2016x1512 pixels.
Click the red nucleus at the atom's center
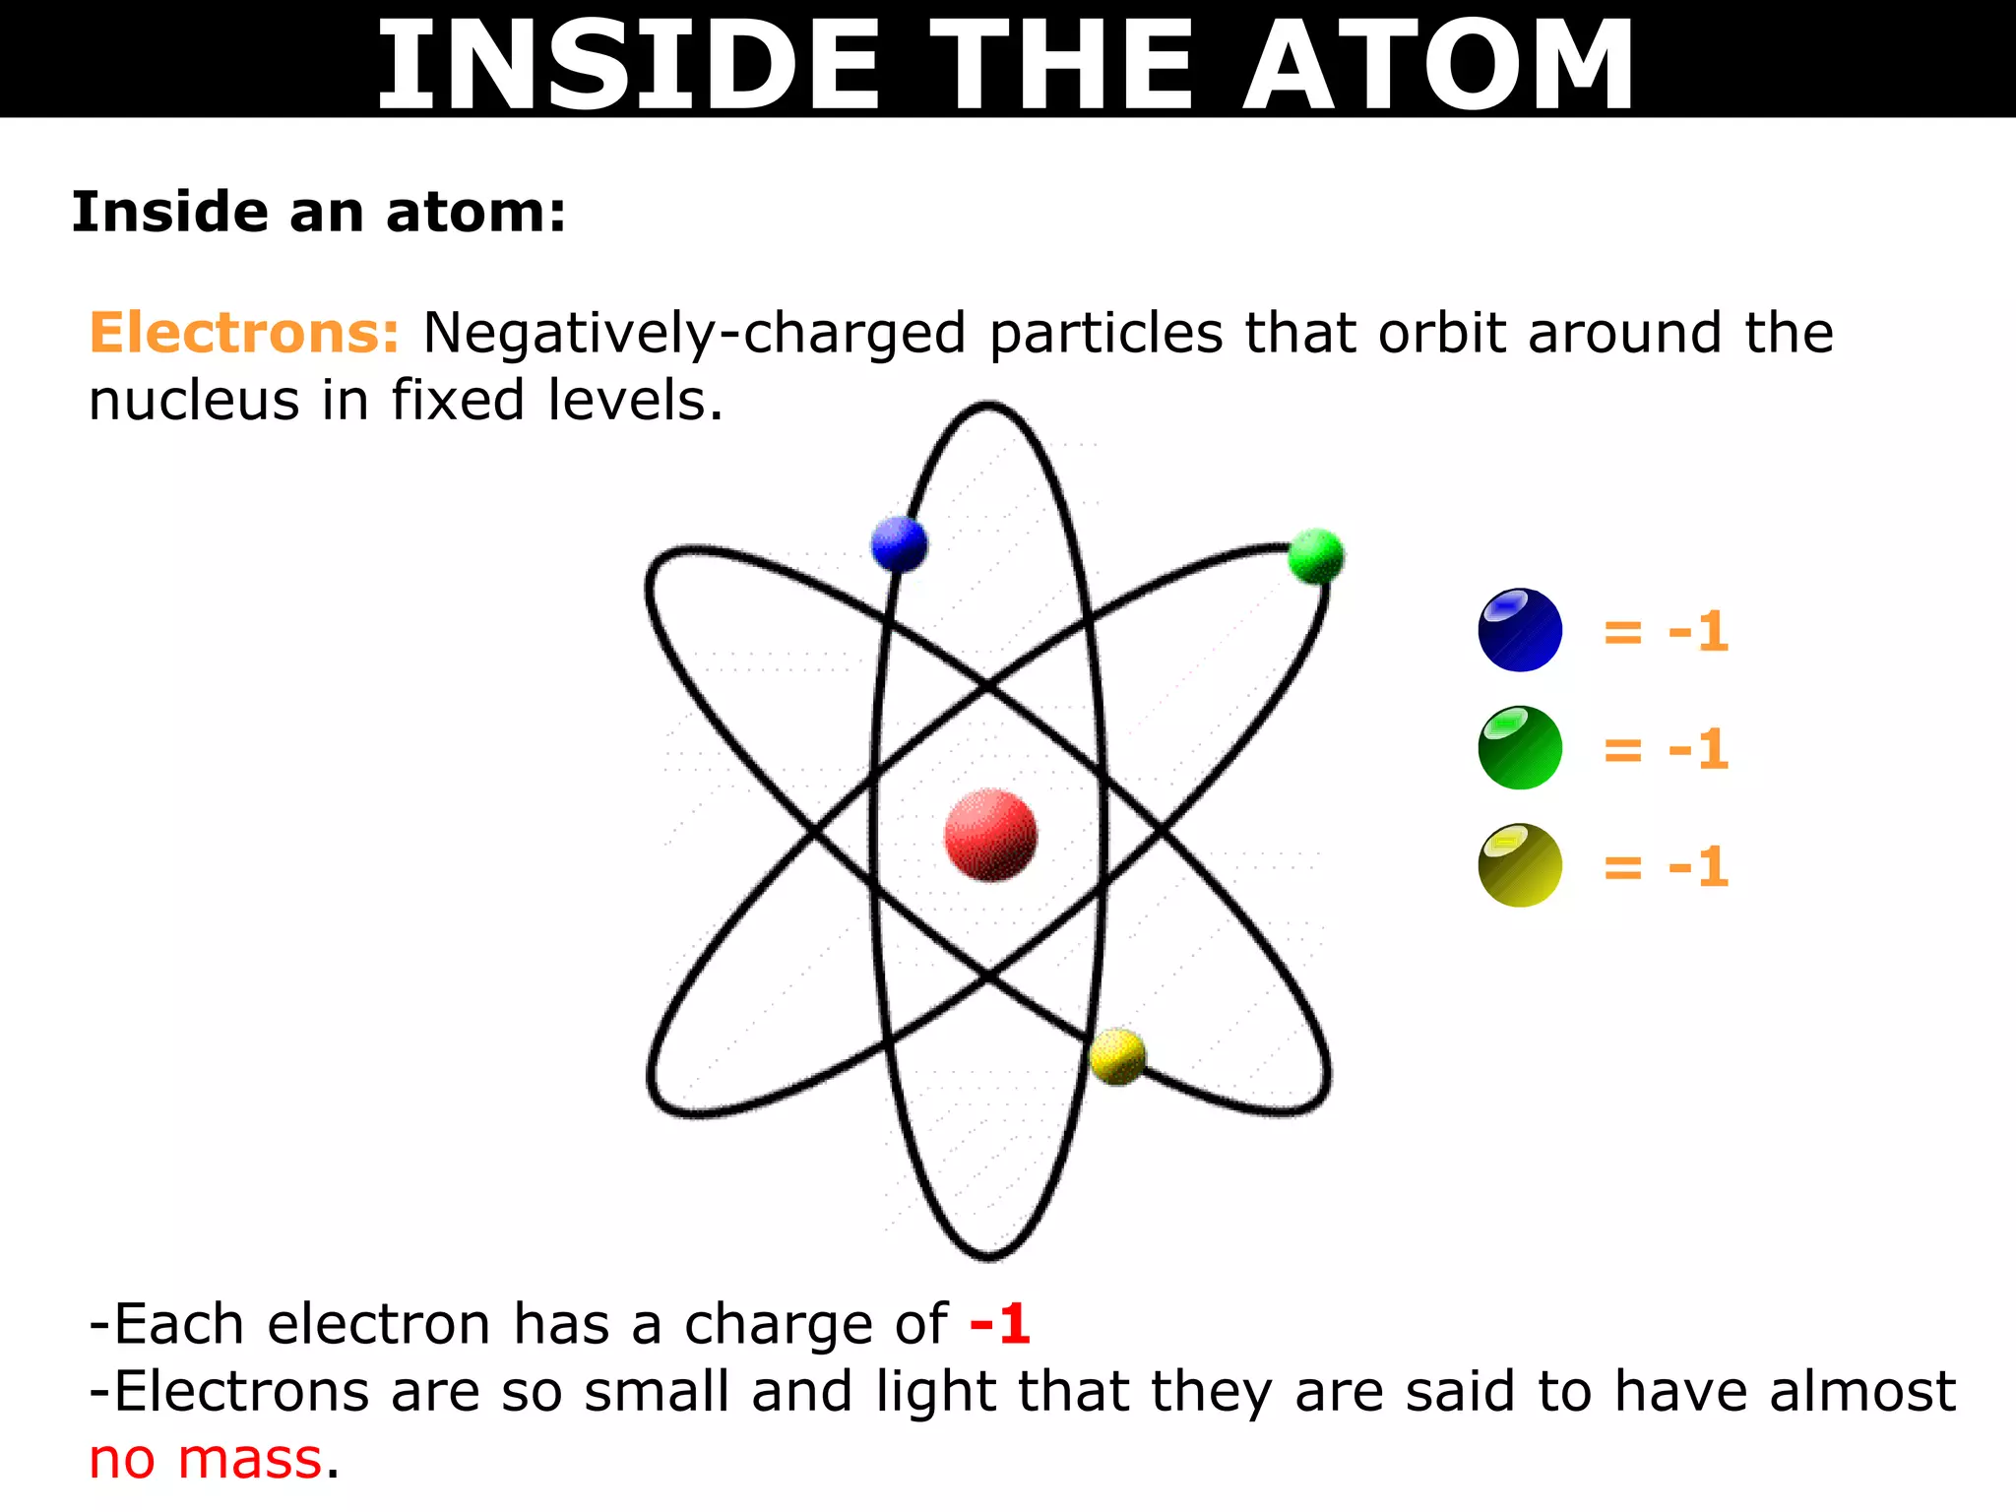pos(990,834)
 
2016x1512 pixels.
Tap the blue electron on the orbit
pos(899,543)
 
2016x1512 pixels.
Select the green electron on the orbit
pos(1315,555)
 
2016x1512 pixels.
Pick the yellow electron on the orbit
pos(1117,1056)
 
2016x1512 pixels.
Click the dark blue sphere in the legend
pos(1520,630)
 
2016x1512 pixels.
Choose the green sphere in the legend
pos(1520,747)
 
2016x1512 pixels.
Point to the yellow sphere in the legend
pos(1520,865)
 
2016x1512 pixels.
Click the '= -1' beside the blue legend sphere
pos(1666,631)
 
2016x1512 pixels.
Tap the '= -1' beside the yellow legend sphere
pos(1666,867)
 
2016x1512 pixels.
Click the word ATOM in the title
pos(1438,65)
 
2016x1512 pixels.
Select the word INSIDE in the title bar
pos(628,65)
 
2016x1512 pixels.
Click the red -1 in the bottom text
pos(999,1324)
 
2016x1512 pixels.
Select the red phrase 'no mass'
pos(206,1459)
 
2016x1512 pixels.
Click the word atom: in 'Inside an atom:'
pos(476,213)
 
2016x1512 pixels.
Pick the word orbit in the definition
pos(1441,333)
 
